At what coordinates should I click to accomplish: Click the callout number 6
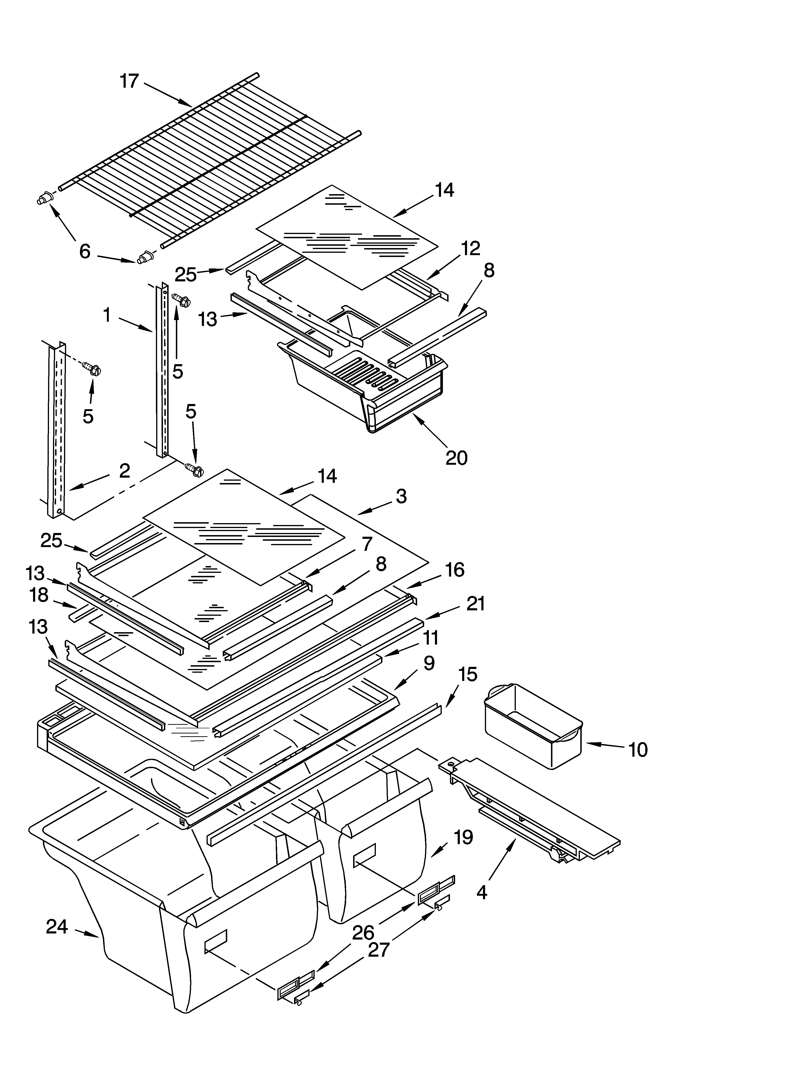pyautogui.click(x=85, y=251)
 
